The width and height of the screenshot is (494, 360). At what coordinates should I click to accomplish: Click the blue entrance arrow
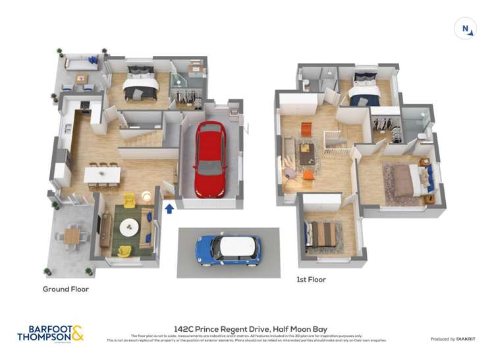tap(169, 209)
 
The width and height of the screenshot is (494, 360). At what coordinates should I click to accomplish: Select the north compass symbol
tap(466, 28)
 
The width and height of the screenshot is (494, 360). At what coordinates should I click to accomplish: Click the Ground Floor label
tap(66, 289)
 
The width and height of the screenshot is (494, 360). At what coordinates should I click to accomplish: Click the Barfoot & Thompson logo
tap(50, 333)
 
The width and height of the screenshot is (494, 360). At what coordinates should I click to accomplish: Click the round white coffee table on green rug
tap(129, 226)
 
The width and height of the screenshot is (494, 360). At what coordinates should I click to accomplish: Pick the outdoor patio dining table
tap(71, 234)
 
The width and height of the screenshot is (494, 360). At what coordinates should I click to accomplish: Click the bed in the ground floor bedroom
tap(141, 84)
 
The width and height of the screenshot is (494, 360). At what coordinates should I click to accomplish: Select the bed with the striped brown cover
tap(323, 233)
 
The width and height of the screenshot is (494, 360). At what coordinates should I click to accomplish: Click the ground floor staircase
tap(145, 138)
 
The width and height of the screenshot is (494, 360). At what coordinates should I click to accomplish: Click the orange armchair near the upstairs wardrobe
tap(306, 129)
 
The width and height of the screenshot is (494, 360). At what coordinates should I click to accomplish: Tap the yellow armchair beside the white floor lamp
tap(129, 198)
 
